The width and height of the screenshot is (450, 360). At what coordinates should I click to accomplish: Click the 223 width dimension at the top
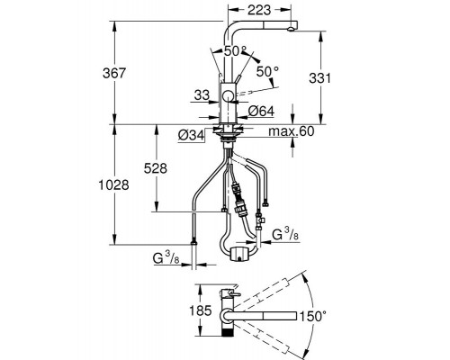pyautogui.click(x=259, y=10)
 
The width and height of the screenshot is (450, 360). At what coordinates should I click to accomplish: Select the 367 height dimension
pyautogui.click(x=114, y=73)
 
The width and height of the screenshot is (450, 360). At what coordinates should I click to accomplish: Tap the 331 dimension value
pyautogui.click(x=320, y=78)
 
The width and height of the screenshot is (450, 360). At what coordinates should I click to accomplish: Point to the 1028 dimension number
pyautogui.click(x=113, y=184)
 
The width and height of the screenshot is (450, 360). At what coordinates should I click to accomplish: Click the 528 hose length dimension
pyautogui.click(x=156, y=168)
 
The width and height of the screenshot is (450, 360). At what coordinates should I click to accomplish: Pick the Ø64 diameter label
pyautogui.click(x=261, y=112)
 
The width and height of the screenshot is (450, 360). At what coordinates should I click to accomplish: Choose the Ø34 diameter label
pyautogui.click(x=191, y=136)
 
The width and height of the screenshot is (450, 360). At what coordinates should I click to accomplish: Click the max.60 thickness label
pyautogui.click(x=292, y=131)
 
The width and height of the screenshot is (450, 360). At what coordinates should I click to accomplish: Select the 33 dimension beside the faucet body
pyautogui.click(x=202, y=95)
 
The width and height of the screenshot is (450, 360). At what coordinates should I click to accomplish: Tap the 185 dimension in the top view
pyautogui.click(x=201, y=310)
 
